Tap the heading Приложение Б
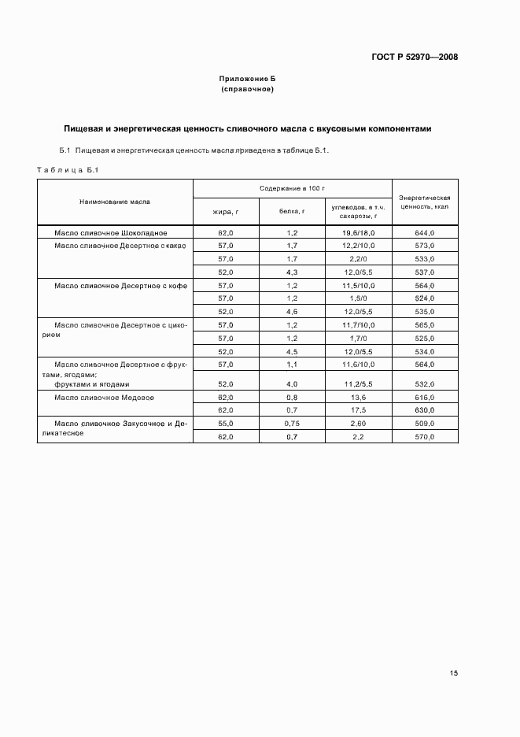pos(247,80)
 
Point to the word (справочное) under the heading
pos(247,90)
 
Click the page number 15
pos(454,673)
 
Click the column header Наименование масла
pos(115,202)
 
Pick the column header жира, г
pos(226,211)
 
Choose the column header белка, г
pos(292,211)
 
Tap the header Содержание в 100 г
pos(293,189)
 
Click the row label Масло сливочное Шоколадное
pos(111,233)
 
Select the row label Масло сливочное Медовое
pos(104,398)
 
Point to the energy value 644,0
pos(425,233)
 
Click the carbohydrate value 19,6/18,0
pos(358,233)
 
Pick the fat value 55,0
pos(226,423)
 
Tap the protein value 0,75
pos(292,423)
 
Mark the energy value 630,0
pos(425,410)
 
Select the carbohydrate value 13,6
pos(358,398)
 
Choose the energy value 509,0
pos(425,423)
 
